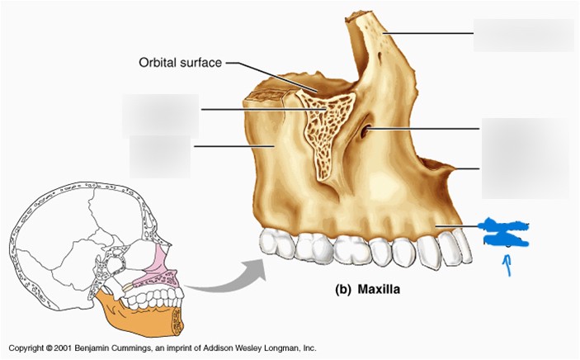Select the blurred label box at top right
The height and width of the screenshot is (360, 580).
click(523, 35)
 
